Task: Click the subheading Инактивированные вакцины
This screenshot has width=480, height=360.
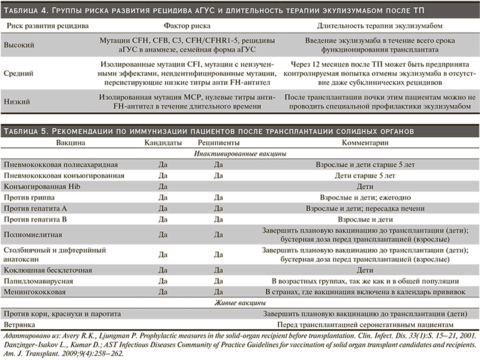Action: coord(239,153)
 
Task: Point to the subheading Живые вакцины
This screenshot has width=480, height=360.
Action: coord(239,303)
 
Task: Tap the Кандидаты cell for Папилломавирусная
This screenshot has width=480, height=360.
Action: coord(162,281)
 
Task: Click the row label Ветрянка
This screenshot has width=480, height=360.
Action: coord(20,324)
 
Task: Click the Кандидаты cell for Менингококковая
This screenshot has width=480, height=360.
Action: coord(162,292)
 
